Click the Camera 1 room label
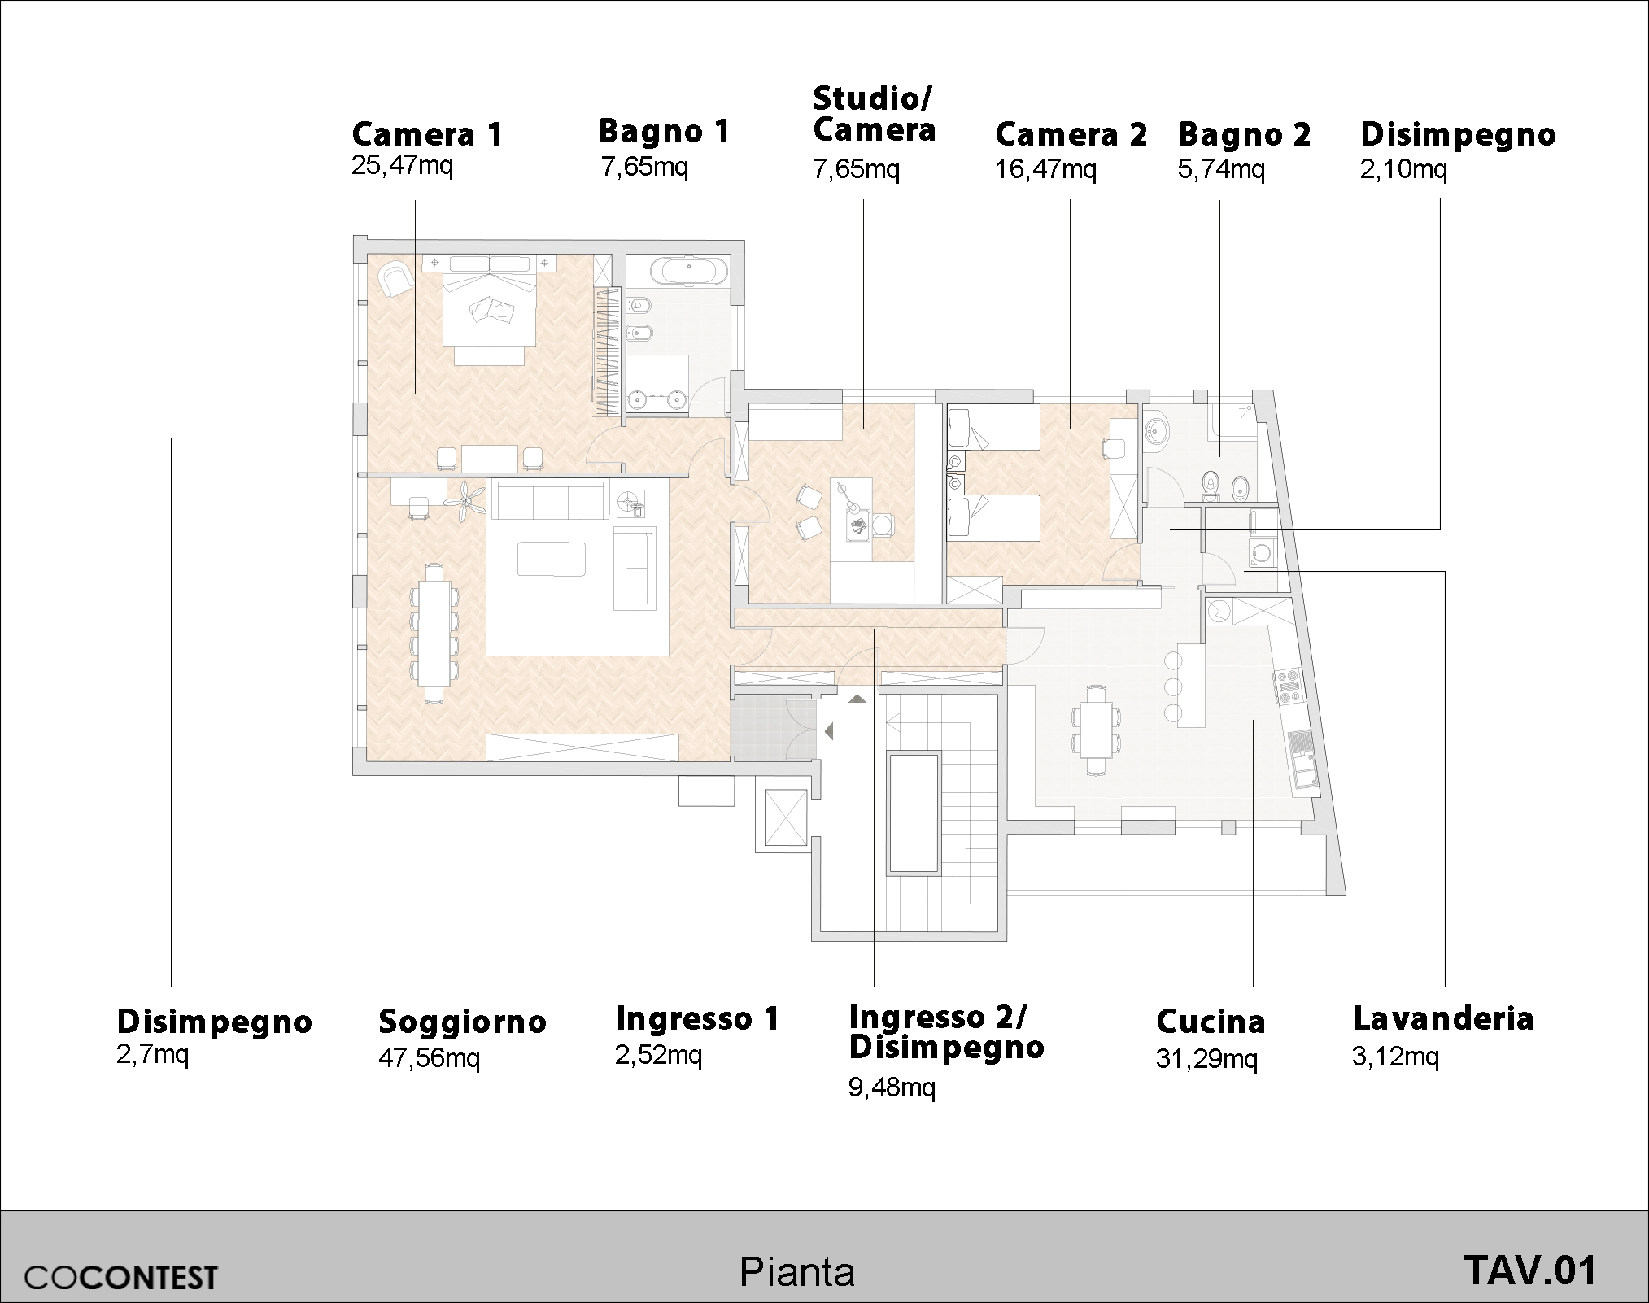click(428, 134)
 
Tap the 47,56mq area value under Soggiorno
click(429, 1059)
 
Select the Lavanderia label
click(1443, 1018)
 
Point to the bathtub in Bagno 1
click(688, 271)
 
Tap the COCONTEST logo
click(121, 1276)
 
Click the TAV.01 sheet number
click(1530, 1270)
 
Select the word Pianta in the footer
click(797, 1272)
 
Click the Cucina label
click(1211, 1022)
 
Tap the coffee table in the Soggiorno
click(552, 559)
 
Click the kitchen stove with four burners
click(1289, 684)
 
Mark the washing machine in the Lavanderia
click(1263, 553)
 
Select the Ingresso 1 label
click(698, 1018)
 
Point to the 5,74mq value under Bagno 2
click(1221, 170)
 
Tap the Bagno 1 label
click(665, 132)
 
